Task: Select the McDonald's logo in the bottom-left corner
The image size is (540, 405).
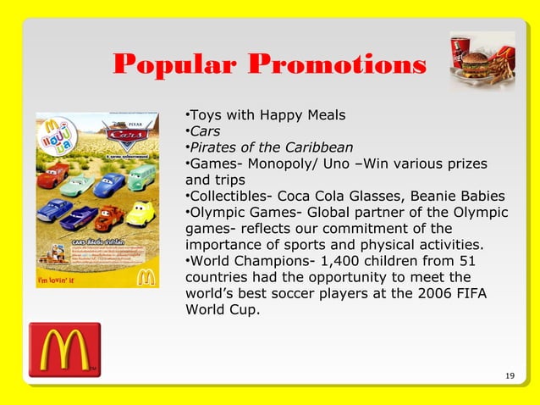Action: click(x=63, y=349)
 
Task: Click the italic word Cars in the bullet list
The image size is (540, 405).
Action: click(x=204, y=131)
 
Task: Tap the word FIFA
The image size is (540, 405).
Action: click(x=470, y=293)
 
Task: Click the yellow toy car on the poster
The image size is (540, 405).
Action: click(x=139, y=212)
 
